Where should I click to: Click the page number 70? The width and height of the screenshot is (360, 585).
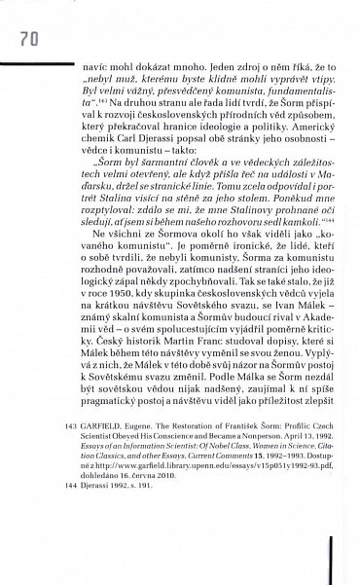[x=26, y=40]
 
